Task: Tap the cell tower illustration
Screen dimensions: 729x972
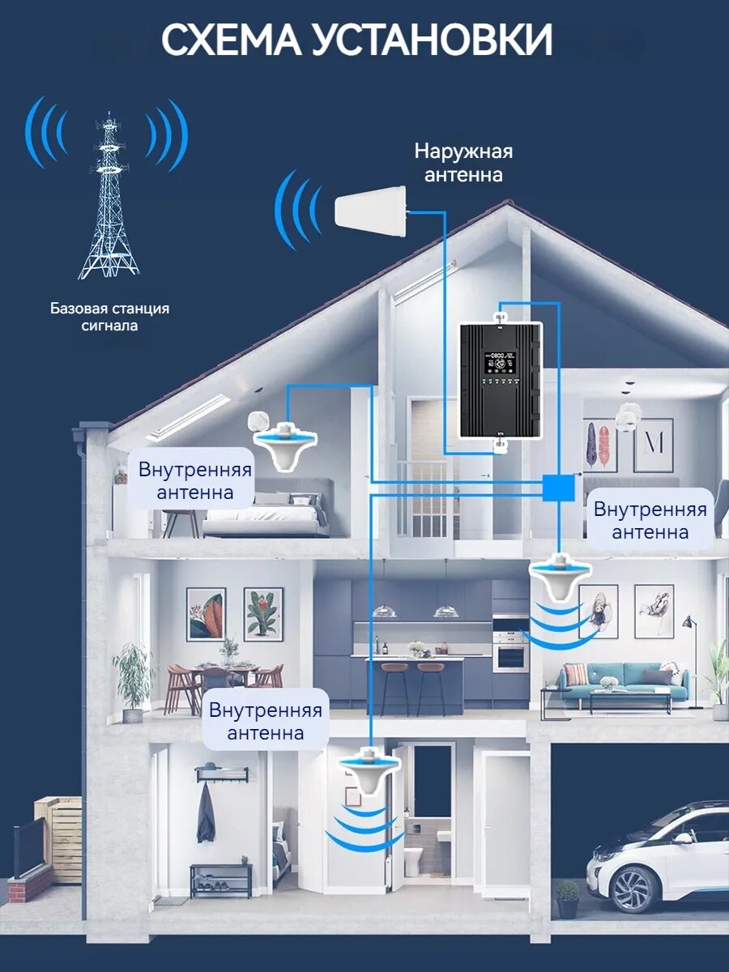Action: pos(109,202)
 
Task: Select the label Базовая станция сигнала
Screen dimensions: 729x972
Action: pos(109,317)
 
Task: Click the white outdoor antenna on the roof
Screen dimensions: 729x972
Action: pos(369,209)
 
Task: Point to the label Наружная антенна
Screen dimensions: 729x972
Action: pos(463,163)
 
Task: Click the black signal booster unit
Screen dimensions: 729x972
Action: pos(501,379)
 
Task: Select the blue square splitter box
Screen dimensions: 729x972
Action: pos(558,487)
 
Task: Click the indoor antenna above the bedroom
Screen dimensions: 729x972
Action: pos(283,443)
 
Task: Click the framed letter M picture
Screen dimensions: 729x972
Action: pos(653,444)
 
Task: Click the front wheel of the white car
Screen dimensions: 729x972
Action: pos(633,888)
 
